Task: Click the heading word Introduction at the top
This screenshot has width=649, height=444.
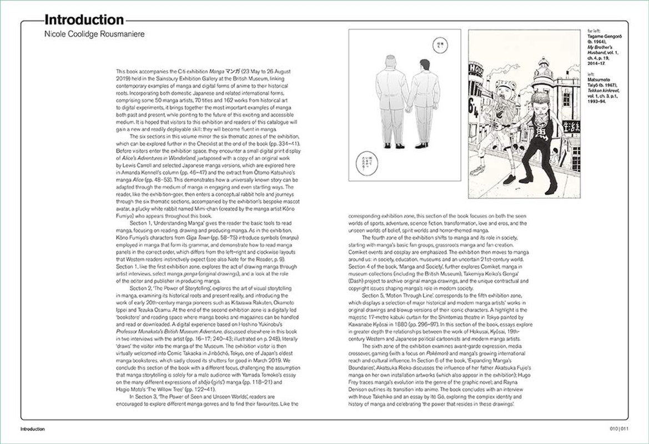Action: pyautogui.click(x=84, y=21)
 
